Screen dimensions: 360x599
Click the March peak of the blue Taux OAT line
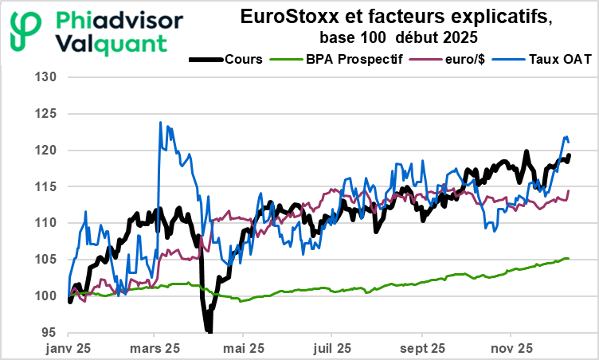point(161,123)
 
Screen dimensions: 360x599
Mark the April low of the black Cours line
point(209,330)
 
